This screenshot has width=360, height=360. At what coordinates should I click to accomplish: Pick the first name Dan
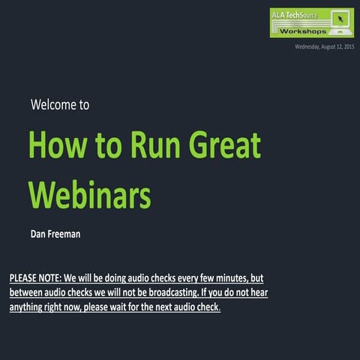pos(39,234)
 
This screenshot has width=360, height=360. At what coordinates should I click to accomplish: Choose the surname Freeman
pos(65,234)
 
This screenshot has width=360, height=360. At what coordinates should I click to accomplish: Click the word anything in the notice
pos(31,307)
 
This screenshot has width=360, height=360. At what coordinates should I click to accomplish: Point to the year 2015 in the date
pos(346,47)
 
